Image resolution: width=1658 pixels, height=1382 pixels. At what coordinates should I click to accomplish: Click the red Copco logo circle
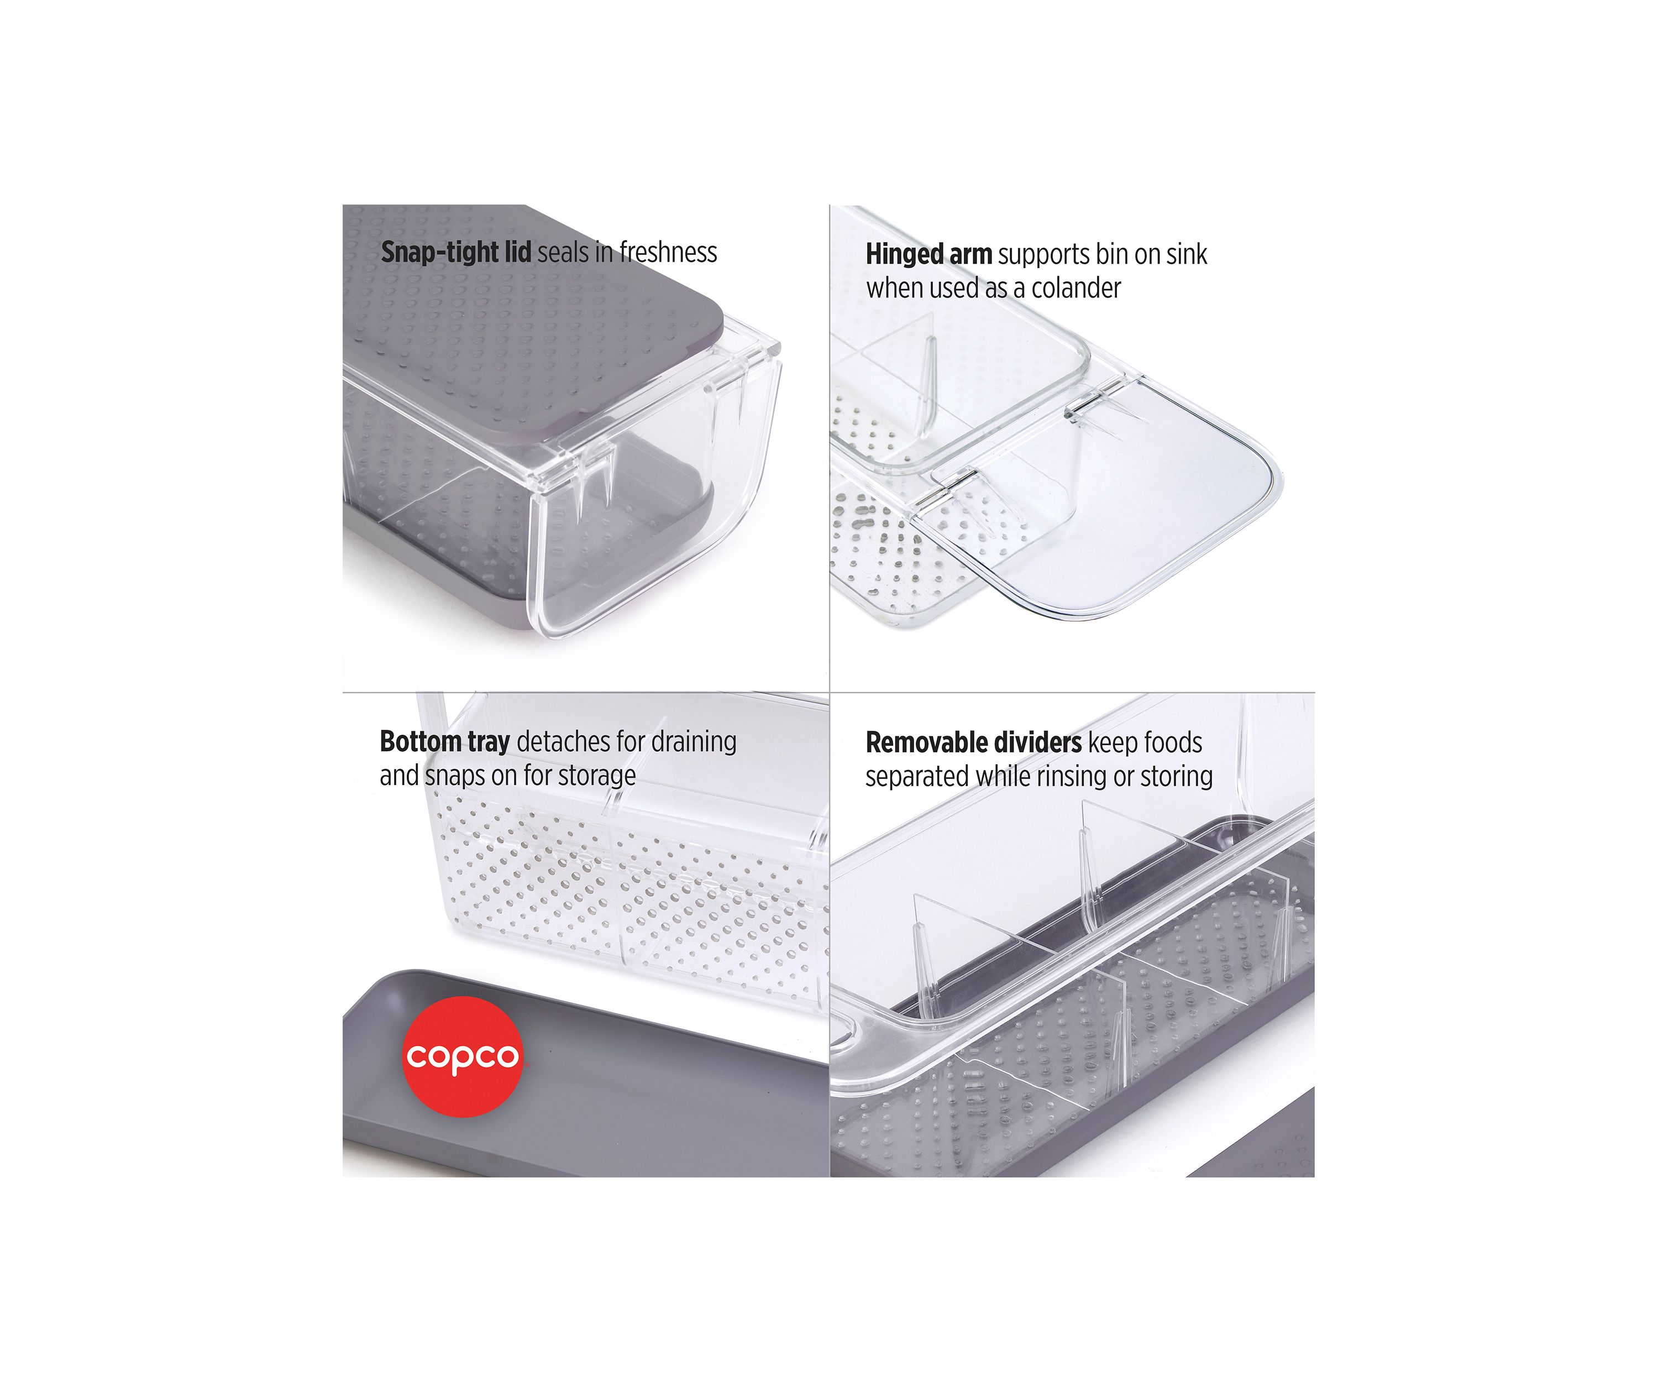[x=463, y=1056]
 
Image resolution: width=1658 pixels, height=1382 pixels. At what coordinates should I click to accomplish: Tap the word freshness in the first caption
[x=668, y=252]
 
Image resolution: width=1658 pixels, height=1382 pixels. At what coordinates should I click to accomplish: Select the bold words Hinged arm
[x=928, y=254]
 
